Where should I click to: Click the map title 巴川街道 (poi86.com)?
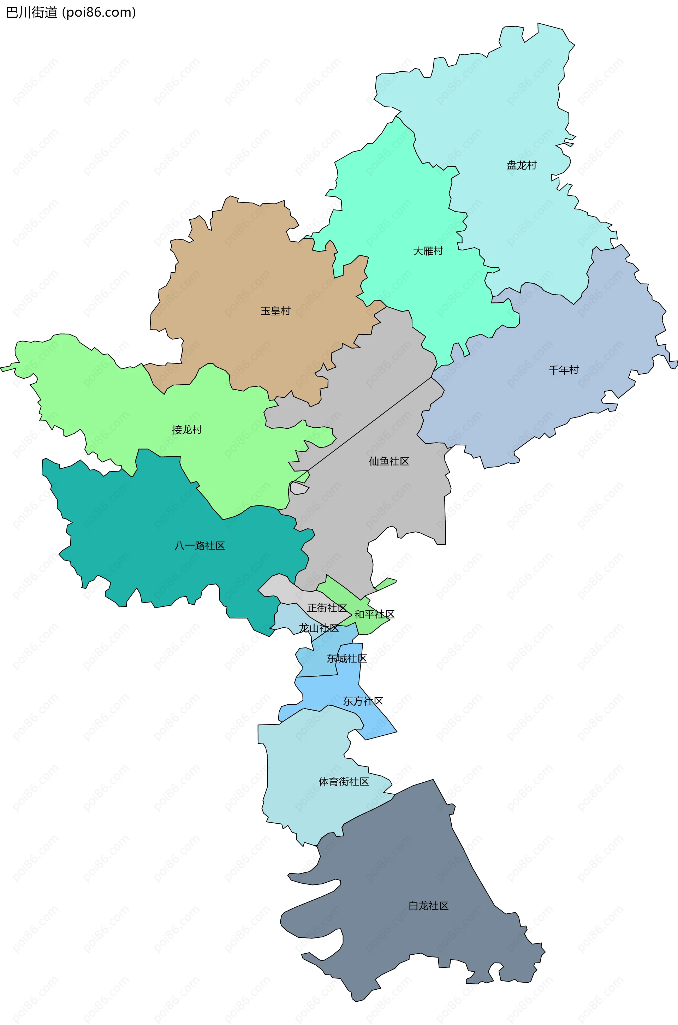coord(71,12)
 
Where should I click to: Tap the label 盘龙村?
coord(522,165)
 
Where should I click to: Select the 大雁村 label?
coord(428,251)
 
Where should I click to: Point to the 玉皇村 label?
coord(275,311)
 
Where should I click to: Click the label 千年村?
coord(564,370)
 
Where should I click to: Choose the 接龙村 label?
coord(187,429)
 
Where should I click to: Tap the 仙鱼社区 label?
coord(389,461)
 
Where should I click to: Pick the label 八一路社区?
coord(200,545)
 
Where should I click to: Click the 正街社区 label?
coord(327,608)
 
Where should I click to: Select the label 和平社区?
coord(374,614)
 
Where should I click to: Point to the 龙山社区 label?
coord(319,628)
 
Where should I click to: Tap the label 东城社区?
coord(346,658)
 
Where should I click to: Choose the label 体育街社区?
coord(344,782)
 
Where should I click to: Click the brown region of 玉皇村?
coord(242,277)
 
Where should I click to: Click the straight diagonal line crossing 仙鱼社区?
coord(370,424)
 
